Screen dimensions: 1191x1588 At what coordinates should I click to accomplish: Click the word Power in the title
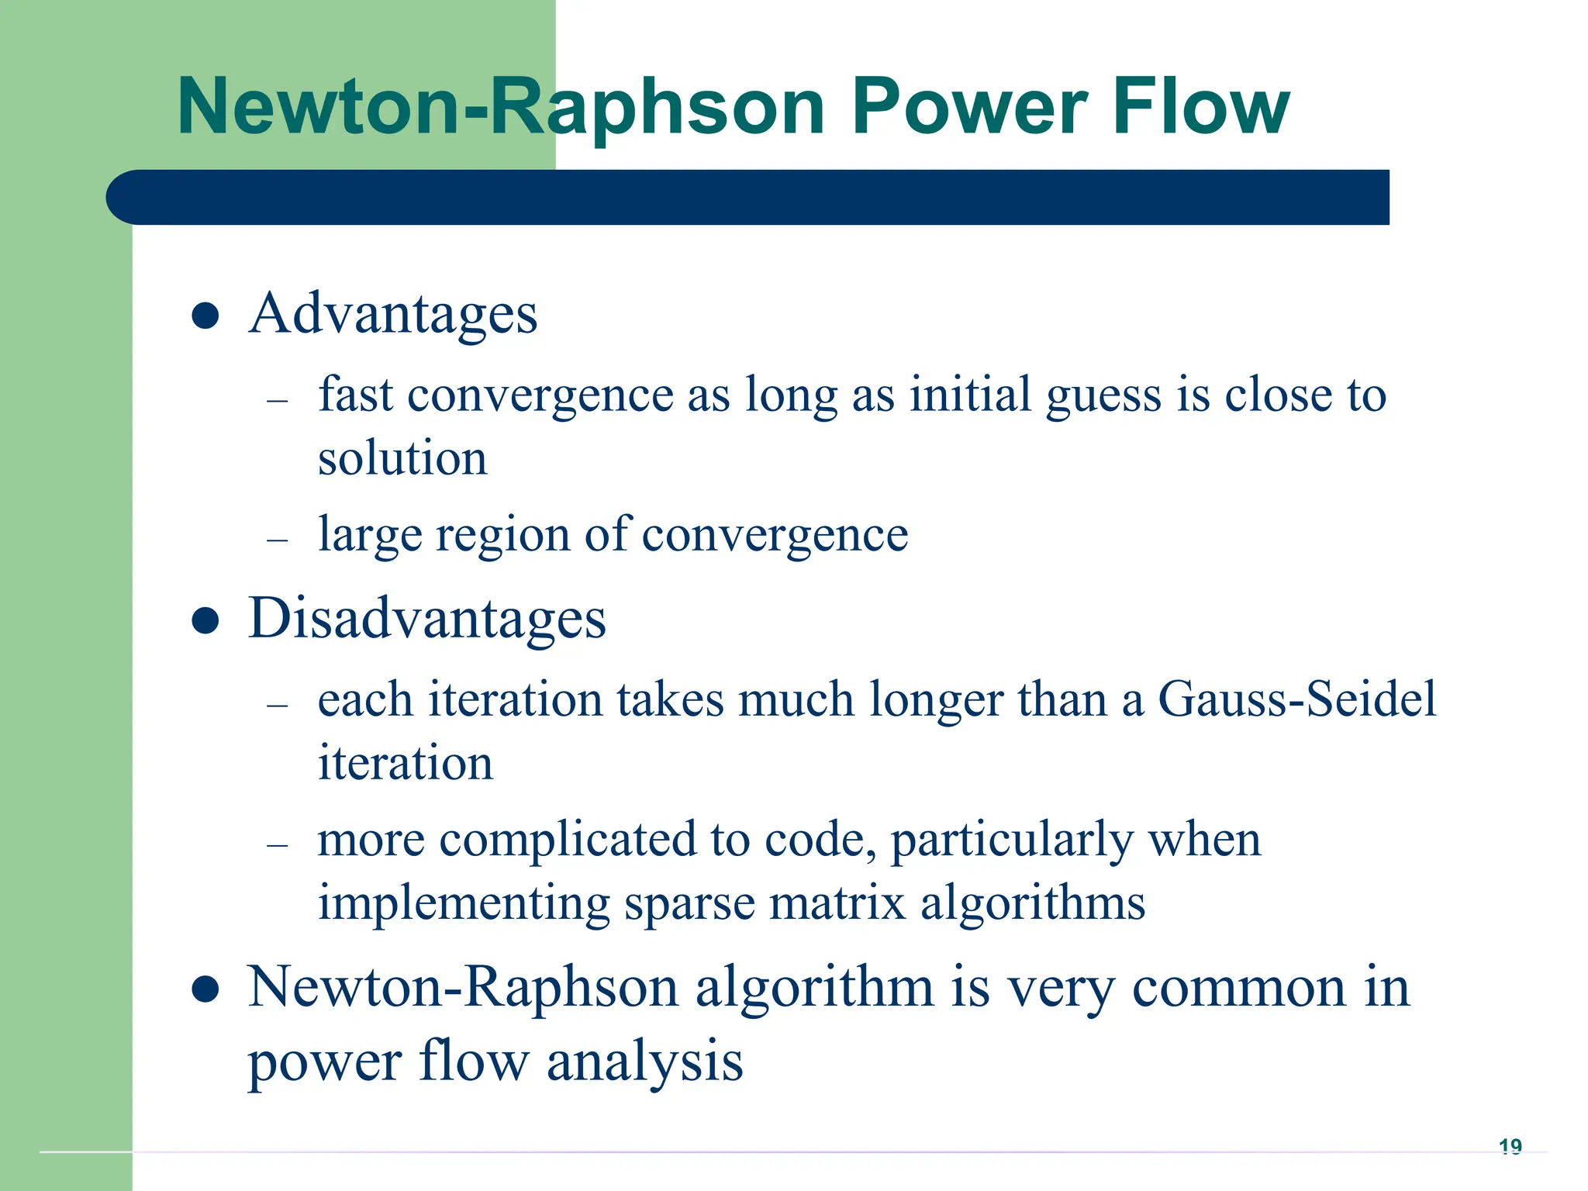(x=968, y=107)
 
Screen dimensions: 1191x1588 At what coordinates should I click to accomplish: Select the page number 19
(x=1510, y=1146)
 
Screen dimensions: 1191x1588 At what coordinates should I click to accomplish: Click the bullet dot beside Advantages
(x=205, y=316)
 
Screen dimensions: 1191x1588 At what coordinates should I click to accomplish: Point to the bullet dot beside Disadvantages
(x=205, y=621)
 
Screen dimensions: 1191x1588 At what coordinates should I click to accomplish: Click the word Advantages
(x=393, y=315)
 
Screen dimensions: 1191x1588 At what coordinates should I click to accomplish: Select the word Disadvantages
(x=427, y=620)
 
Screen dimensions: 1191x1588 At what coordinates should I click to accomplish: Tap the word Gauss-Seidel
(x=1296, y=699)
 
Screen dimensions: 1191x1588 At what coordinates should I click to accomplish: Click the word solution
(x=402, y=457)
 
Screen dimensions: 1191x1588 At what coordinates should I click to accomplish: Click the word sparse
(x=689, y=903)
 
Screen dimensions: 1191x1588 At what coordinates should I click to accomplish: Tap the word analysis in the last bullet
(x=644, y=1062)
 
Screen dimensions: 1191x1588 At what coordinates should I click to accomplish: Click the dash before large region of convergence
(x=277, y=540)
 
